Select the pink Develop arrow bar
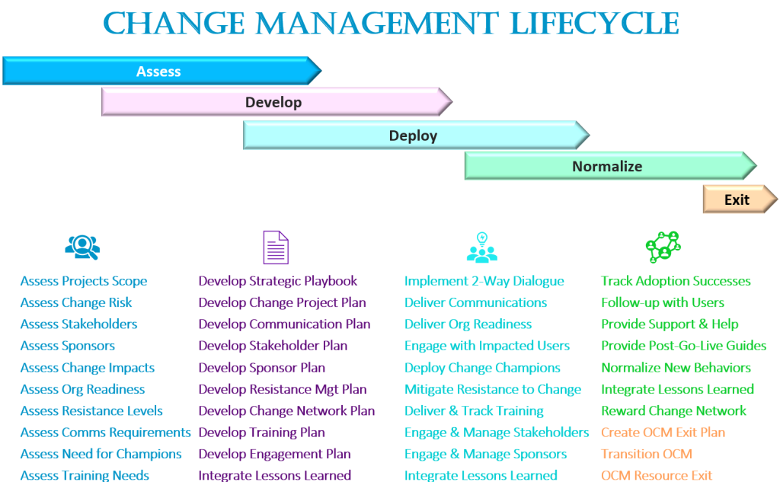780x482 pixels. click(x=274, y=102)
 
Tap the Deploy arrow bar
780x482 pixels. click(x=414, y=136)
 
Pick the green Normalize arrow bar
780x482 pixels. click(x=608, y=166)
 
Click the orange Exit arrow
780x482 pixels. click(x=737, y=200)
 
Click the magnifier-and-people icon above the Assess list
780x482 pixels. click(x=82, y=247)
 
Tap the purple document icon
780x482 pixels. click(x=275, y=247)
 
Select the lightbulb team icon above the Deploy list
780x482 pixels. click(x=481, y=247)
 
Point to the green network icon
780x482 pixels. click(x=662, y=247)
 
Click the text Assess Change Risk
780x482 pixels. click(x=76, y=302)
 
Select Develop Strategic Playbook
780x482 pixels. click(x=277, y=281)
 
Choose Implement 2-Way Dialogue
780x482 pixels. click(x=484, y=281)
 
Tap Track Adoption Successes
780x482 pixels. click(x=676, y=281)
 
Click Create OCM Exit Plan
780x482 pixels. click(x=663, y=432)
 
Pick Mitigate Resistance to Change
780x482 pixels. click(x=492, y=389)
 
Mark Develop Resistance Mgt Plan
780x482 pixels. click(x=283, y=389)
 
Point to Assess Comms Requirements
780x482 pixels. click(x=105, y=432)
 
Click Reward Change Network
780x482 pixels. click(x=673, y=410)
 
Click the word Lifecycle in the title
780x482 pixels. click(x=595, y=24)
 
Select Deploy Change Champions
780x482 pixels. click(x=482, y=368)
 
